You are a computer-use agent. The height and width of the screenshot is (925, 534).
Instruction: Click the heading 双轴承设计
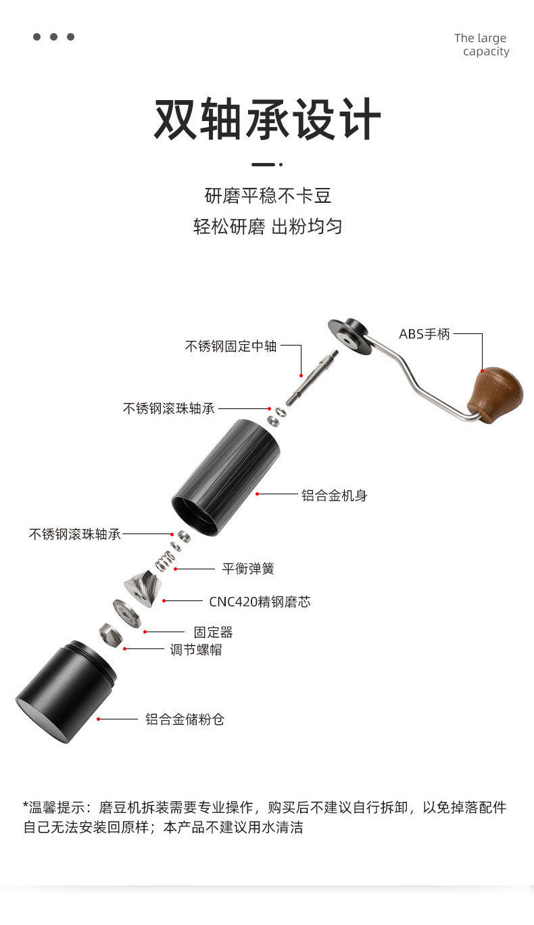(x=267, y=120)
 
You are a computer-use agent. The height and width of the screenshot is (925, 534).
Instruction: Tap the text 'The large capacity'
(x=481, y=45)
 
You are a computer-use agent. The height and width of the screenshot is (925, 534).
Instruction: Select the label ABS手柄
(x=424, y=334)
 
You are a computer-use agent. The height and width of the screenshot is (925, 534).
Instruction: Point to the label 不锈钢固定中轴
(x=230, y=346)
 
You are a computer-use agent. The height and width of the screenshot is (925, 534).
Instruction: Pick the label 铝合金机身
(x=334, y=496)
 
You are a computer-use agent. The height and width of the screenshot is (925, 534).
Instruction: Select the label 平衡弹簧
(x=248, y=569)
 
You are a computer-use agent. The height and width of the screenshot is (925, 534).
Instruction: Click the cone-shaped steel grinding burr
(x=143, y=586)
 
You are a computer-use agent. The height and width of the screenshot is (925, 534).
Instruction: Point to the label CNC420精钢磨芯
(x=260, y=601)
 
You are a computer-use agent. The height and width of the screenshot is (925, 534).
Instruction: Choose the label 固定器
(x=213, y=632)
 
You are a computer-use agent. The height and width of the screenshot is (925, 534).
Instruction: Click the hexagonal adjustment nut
(x=110, y=634)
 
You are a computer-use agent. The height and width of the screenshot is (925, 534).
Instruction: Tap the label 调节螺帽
(x=195, y=650)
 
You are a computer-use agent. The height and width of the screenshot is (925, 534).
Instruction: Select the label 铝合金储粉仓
(x=185, y=719)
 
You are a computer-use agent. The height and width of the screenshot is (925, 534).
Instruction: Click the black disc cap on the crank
(x=349, y=336)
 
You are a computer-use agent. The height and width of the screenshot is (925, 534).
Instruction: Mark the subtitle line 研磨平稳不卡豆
(x=268, y=196)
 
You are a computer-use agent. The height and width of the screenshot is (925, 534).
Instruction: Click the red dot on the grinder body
(x=258, y=494)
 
